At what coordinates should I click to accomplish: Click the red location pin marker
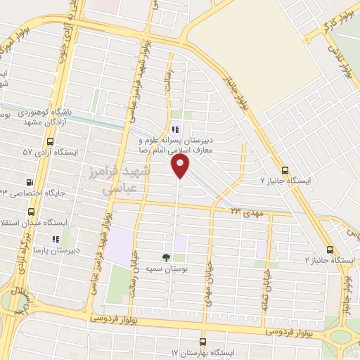pyautogui.click(x=181, y=165)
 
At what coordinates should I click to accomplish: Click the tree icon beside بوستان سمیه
pyautogui.click(x=167, y=257)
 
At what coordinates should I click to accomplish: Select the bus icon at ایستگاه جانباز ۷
pyautogui.click(x=285, y=169)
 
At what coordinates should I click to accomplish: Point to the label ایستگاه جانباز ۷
pyautogui.click(x=285, y=181)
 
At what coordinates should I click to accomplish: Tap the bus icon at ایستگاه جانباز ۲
pyautogui.click(x=330, y=249)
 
